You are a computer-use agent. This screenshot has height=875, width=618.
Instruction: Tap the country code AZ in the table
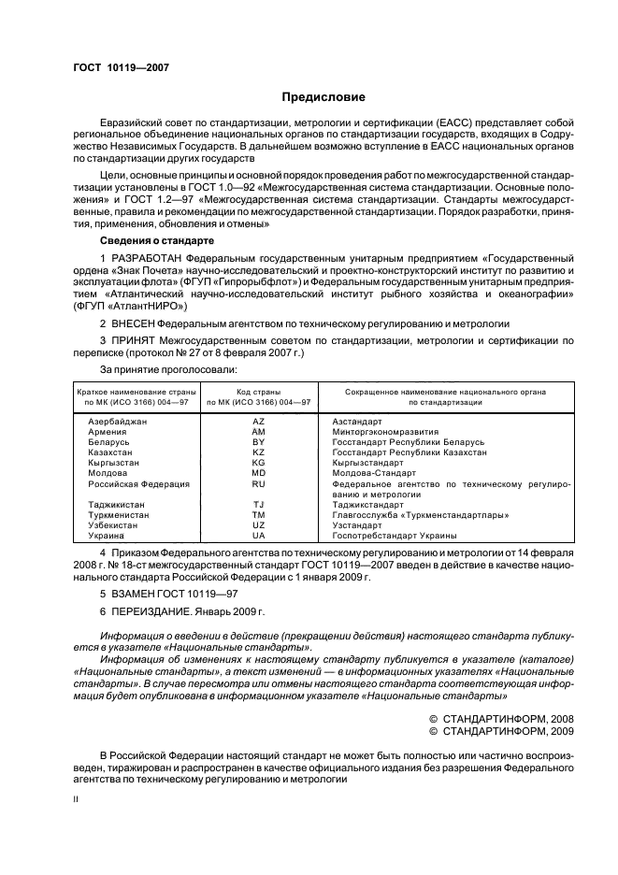tap(259, 422)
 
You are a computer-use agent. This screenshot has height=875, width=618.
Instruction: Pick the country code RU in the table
tap(259, 484)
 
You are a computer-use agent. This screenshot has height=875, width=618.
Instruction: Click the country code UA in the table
tap(259, 536)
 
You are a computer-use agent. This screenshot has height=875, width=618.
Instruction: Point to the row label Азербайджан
tap(118, 422)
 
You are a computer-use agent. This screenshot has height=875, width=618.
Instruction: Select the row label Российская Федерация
tap(138, 484)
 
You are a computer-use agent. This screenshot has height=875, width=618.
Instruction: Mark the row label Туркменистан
tap(117, 515)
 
